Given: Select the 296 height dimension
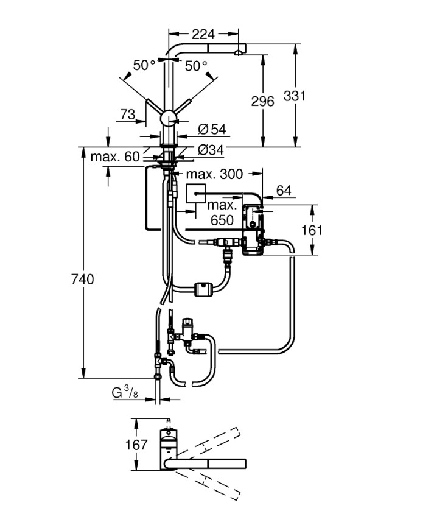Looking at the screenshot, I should (262, 101).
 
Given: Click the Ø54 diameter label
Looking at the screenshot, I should (212, 129).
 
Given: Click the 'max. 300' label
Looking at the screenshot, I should (214, 175).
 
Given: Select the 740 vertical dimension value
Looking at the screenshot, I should (83, 280).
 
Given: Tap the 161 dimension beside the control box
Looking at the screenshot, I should (311, 230).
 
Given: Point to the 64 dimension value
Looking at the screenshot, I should (284, 191).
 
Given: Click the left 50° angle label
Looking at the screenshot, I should (144, 65).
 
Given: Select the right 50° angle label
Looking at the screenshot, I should (196, 65).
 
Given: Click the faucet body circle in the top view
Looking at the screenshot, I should (169, 438).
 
